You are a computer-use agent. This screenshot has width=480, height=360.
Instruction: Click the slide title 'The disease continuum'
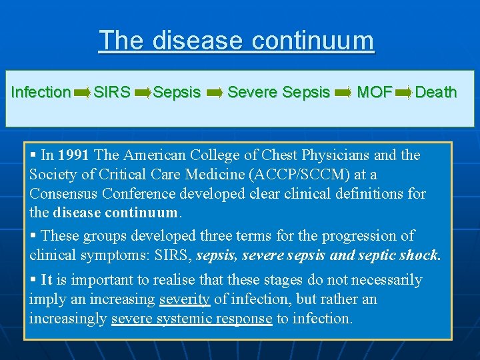236,41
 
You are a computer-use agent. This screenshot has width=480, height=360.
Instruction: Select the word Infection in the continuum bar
41,92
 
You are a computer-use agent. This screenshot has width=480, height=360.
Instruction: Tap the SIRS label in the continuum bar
112,92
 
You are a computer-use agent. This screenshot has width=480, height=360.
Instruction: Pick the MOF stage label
374,92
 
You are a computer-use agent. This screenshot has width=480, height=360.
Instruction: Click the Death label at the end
435,92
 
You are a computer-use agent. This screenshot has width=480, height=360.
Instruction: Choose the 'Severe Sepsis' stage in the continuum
279,92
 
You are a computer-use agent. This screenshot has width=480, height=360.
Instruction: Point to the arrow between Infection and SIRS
83,93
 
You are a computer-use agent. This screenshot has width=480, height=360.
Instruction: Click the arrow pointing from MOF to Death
403,93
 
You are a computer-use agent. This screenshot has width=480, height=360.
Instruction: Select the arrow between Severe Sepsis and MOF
343,93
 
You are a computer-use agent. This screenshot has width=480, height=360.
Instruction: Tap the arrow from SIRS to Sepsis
143,93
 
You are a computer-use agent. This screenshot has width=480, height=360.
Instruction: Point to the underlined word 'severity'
185,299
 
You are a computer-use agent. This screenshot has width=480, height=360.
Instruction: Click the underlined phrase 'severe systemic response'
192,319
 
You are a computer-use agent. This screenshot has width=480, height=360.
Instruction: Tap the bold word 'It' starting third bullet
47,280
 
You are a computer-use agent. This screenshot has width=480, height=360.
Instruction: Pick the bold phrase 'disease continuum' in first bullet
117,214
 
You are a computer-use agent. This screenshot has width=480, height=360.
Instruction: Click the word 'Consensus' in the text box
61,194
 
